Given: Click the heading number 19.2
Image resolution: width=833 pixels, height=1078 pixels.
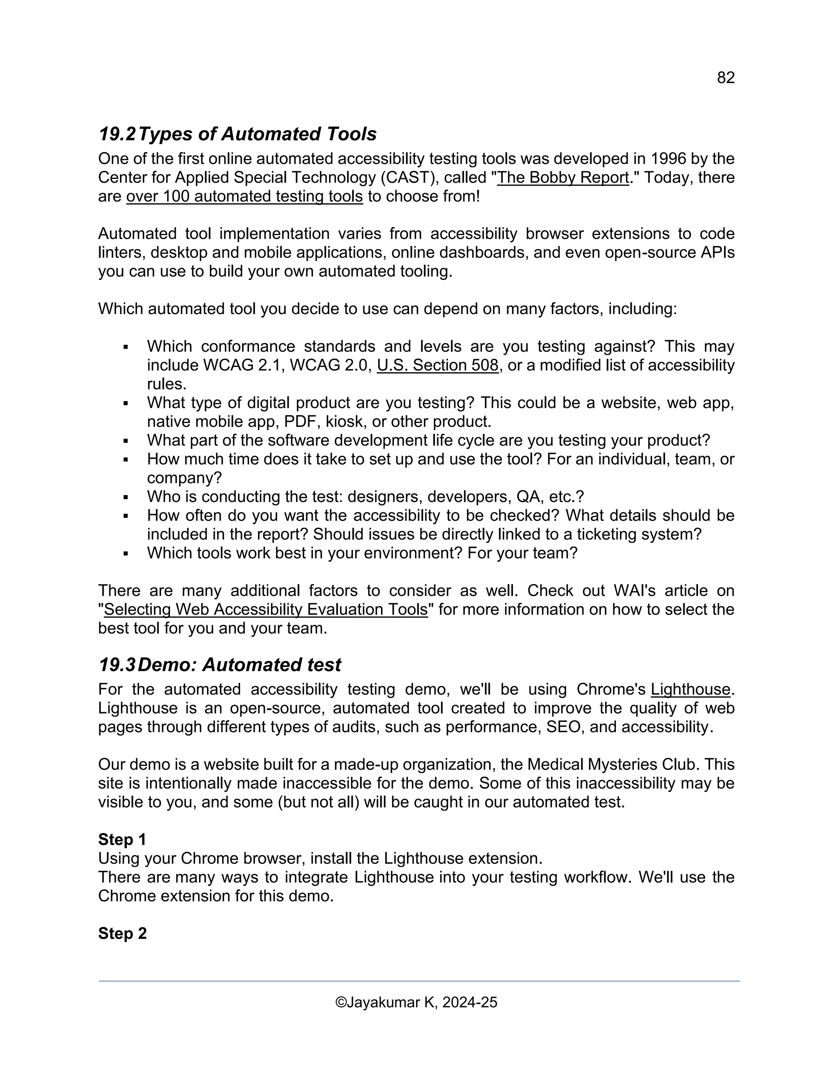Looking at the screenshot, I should point(117,134).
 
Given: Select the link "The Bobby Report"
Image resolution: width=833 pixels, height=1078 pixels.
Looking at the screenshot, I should point(563,178).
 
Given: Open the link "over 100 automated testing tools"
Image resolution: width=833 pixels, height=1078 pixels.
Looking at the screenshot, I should point(244,196).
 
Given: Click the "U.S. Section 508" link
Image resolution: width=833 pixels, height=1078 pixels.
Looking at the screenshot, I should point(437,365).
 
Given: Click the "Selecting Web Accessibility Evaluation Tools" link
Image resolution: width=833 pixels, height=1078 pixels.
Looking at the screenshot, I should point(266,610).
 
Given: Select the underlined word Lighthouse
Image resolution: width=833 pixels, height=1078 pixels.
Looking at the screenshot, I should point(690,690).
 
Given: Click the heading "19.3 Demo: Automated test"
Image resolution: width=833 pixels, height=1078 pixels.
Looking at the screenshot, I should point(220,665).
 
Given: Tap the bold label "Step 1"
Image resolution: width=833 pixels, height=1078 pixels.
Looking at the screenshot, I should point(122,840).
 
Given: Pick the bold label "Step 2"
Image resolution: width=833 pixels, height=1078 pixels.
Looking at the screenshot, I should point(122,933).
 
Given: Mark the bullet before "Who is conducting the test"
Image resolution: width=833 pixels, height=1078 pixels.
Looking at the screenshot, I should point(126,498).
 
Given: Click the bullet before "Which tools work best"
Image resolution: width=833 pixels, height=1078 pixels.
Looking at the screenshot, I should point(126,554).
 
